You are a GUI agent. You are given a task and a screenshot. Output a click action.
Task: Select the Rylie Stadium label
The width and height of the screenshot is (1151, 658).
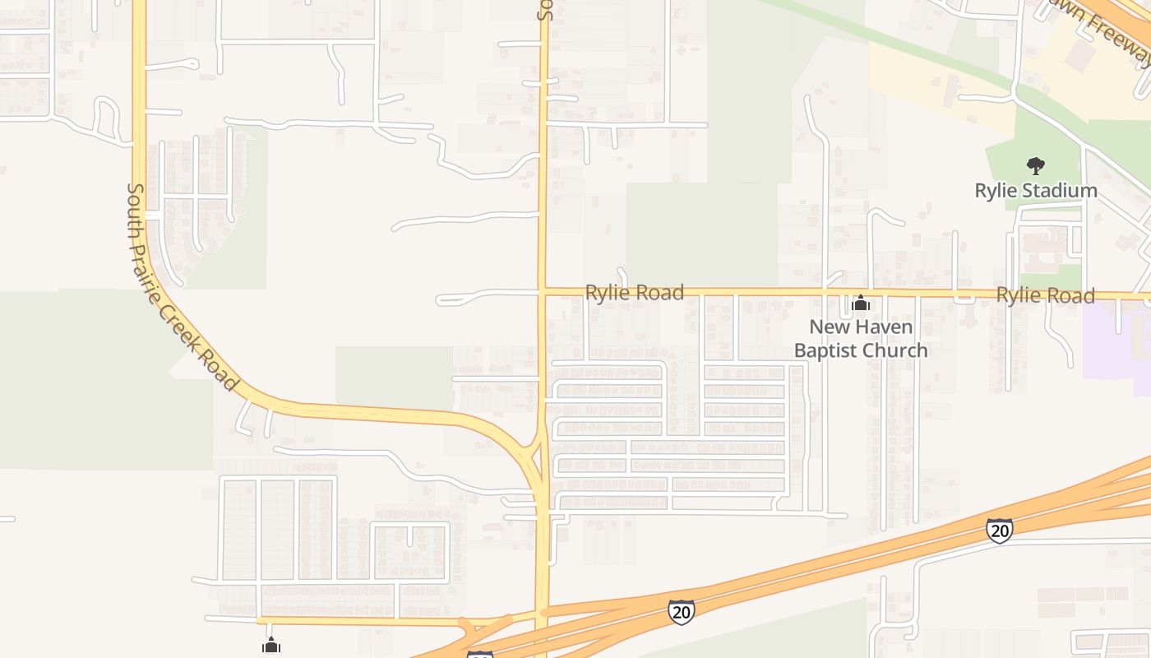click(x=1036, y=191)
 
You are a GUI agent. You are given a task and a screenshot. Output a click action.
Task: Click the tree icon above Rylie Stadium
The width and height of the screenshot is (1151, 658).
click(x=1036, y=166)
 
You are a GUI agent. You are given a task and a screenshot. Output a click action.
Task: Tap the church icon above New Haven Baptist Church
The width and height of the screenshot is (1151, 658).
click(x=861, y=304)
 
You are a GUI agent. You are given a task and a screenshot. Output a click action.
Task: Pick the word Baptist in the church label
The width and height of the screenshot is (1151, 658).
click(x=827, y=350)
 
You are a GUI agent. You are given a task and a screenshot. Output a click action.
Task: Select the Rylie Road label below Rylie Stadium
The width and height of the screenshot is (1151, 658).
click(x=1045, y=295)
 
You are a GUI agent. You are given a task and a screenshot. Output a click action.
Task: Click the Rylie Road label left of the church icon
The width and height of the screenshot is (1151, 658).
click(x=634, y=293)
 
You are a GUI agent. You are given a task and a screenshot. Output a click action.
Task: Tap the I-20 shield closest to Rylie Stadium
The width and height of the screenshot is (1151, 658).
click(x=999, y=531)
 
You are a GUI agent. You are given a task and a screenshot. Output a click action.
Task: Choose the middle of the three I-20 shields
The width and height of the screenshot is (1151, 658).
click(x=681, y=611)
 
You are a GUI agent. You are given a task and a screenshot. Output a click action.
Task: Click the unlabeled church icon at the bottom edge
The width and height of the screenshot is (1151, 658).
click(x=271, y=646)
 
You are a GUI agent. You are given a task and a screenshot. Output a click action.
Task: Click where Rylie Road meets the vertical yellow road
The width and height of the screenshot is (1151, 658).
click(x=543, y=291)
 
